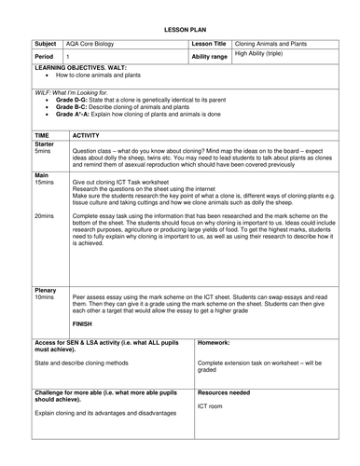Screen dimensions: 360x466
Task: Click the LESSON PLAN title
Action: (x=180, y=31)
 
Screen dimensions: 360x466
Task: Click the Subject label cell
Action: (x=47, y=43)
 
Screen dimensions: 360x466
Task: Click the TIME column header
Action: (x=43, y=136)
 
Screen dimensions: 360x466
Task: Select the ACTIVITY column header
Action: (x=87, y=136)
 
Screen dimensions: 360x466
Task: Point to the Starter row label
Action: (x=44, y=144)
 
